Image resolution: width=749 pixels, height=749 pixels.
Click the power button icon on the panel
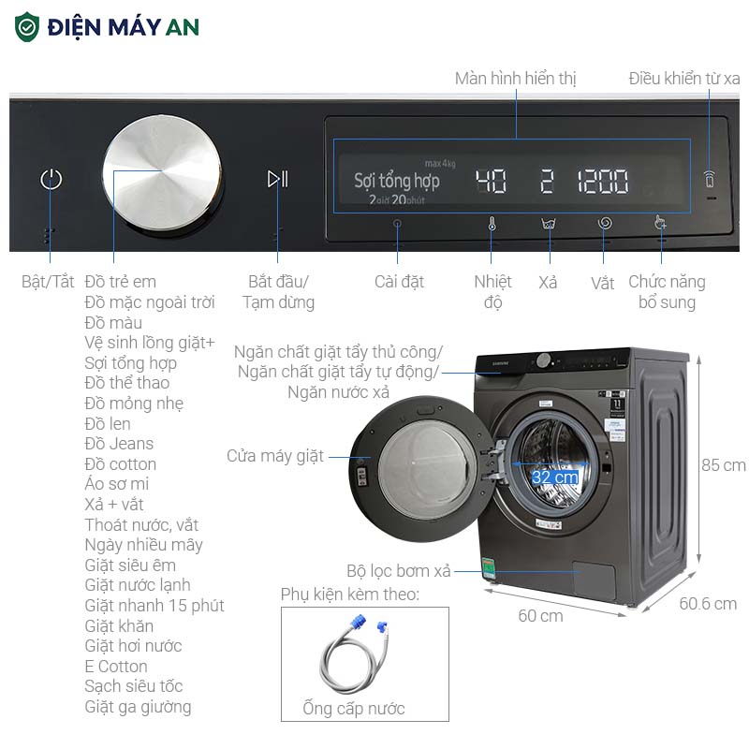click(51, 179)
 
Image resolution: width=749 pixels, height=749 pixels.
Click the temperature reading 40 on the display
click(491, 182)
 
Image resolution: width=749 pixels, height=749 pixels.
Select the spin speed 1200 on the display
click(602, 182)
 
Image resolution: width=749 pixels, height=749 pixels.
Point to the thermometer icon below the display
click(492, 225)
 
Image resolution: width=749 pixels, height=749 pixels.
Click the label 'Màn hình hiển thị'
click(515, 79)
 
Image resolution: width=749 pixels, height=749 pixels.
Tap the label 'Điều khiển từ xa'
click(684, 79)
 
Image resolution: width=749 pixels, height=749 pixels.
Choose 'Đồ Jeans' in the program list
click(119, 444)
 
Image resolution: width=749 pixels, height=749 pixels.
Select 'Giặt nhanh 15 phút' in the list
click(154, 606)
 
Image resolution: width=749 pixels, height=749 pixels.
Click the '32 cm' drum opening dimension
click(554, 477)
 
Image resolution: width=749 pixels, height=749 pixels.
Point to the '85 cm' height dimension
click(723, 465)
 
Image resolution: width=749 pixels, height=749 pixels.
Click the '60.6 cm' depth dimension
click(708, 604)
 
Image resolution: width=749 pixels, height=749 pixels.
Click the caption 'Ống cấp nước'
click(354, 709)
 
